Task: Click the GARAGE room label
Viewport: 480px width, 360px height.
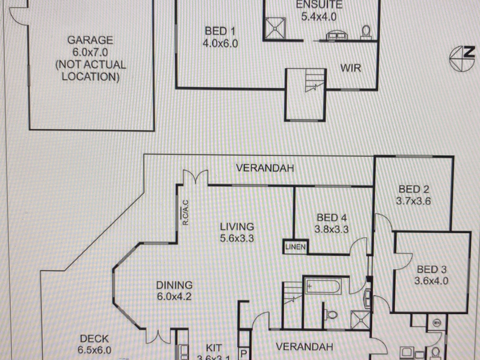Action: point(90,40)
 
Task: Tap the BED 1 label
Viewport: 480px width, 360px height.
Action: point(220,31)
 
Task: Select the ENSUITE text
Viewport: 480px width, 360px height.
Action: point(319,5)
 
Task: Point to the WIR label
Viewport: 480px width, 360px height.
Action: point(350,68)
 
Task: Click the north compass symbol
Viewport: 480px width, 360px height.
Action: point(462,58)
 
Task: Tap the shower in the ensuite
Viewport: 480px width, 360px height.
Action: point(274,28)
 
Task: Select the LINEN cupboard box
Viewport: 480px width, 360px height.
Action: point(295,247)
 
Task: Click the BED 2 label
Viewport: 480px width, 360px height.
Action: point(414,189)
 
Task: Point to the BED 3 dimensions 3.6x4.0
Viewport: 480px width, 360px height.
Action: point(431,281)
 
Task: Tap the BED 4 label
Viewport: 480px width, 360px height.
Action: point(331,217)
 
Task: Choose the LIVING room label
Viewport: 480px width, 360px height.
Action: point(237,226)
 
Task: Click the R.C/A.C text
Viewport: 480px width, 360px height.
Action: point(185,212)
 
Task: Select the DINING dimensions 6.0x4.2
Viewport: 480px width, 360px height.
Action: point(174,297)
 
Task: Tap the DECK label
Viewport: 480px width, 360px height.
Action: point(94,339)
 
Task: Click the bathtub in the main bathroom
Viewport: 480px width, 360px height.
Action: point(322,286)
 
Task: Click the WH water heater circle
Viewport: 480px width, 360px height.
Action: point(437,323)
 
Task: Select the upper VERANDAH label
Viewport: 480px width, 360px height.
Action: point(265,168)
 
